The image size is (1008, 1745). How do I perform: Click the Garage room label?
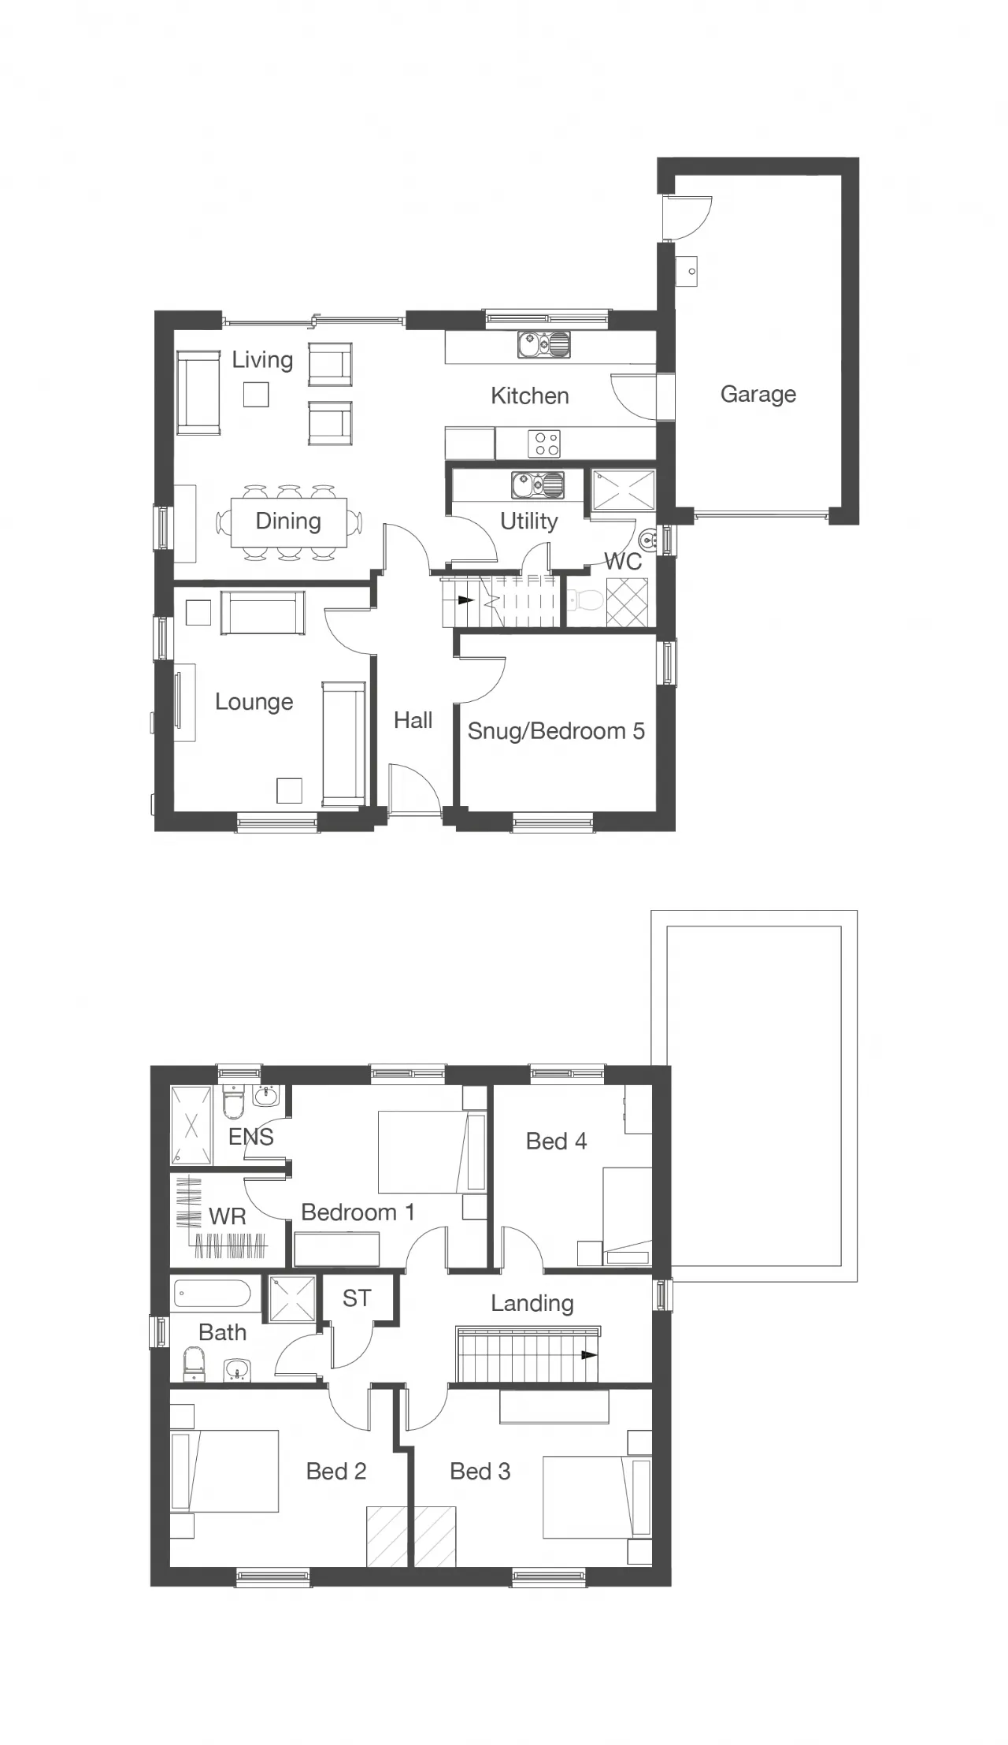click(x=758, y=394)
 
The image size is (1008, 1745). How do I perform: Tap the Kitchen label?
click(x=529, y=395)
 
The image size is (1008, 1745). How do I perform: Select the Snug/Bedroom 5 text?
click(x=556, y=731)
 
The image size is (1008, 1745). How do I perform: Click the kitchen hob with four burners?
click(x=543, y=443)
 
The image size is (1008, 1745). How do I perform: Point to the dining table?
click(x=288, y=522)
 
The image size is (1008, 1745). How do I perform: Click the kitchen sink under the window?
click(x=543, y=345)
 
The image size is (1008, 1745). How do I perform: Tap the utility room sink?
click(x=538, y=485)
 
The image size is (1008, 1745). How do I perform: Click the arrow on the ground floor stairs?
click(x=465, y=600)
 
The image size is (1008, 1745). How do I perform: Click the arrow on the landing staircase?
click(x=587, y=1356)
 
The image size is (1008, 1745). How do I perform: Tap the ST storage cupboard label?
click(x=357, y=1298)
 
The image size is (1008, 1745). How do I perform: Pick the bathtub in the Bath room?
click(x=212, y=1294)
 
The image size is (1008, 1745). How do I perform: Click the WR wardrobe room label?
click(x=228, y=1216)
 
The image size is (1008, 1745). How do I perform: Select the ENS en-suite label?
click(x=250, y=1137)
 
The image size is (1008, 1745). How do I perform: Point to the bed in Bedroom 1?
click(x=432, y=1152)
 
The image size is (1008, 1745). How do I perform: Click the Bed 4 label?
click(x=556, y=1142)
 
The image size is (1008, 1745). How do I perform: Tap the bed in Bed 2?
click(x=224, y=1472)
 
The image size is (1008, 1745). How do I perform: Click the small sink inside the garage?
click(x=687, y=271)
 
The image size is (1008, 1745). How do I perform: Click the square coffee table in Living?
click(x=256, y=394)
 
